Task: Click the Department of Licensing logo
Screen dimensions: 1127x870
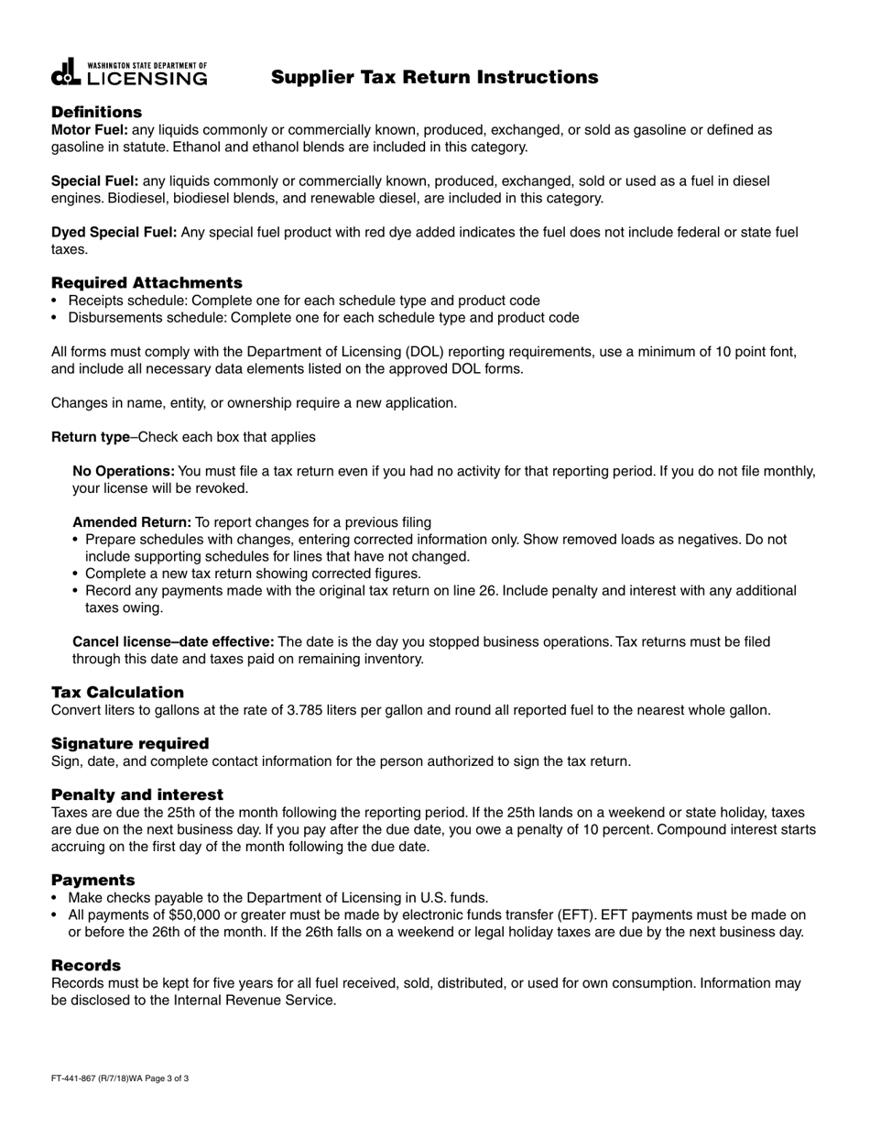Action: point(129,73)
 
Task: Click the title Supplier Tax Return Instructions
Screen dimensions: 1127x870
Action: point(434,78)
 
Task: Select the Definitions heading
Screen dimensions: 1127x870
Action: point(96,112)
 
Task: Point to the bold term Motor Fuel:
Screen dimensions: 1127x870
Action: point(90,130)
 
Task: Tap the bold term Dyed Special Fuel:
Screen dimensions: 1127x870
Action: point(114,233)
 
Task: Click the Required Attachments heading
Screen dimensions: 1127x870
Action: point(147,282)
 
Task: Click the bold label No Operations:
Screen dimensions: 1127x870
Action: point(124,471)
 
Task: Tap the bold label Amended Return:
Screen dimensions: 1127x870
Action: point(132,522)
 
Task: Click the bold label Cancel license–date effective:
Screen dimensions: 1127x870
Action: point(173,641)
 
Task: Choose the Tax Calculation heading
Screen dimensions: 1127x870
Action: point(117,692)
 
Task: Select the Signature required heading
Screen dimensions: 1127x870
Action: point(130,743)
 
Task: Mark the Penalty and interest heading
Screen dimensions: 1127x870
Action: point(137,793)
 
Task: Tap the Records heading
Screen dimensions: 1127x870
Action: point(86,965)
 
